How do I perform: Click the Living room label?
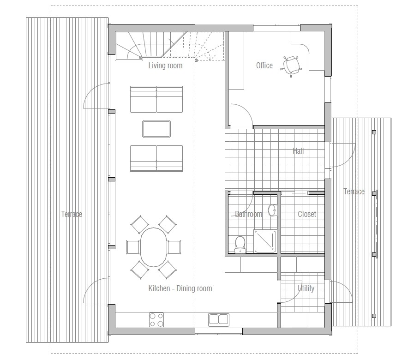165,66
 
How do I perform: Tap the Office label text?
264,66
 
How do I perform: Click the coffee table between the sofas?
156,129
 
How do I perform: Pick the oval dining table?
154,248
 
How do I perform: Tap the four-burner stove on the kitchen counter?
156,319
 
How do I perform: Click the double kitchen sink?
219,319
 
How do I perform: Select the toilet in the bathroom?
240,244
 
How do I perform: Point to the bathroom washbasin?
272,210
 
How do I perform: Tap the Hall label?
298,151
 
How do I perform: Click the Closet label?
307,214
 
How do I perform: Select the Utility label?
306,288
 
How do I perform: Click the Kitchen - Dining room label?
180,288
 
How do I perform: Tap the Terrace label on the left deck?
72,214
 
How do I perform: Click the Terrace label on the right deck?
354,192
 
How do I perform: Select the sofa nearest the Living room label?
156,99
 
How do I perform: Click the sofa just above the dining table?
156,158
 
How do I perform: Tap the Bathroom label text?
248,214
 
